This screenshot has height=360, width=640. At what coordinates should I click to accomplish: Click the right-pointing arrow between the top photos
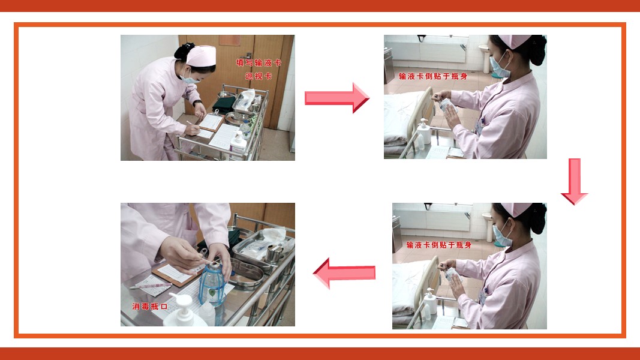coord(337,98)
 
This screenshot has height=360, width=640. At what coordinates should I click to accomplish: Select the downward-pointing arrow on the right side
coord(574,181)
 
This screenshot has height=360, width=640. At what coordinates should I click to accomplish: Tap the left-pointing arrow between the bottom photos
coord(344,273)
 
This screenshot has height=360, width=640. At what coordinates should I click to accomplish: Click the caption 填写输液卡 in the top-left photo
coord(259,63)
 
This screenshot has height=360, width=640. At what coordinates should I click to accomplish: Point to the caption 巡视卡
coord(259,76)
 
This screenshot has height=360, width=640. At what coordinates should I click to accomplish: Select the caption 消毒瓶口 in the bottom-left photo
coord(150,306)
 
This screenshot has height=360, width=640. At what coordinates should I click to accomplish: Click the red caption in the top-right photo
coord(433,76)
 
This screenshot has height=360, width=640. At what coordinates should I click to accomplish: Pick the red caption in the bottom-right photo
coord(439,245)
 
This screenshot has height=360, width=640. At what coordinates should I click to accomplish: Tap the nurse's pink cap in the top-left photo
coord(201,56)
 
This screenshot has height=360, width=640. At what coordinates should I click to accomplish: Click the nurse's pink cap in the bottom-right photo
coord(516,209)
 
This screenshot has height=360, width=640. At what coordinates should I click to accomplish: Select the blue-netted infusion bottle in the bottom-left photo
coord(212,284)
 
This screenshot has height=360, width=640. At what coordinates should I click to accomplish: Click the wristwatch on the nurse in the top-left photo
coord(197,103)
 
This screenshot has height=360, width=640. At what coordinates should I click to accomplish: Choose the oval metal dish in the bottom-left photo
coord(246,274)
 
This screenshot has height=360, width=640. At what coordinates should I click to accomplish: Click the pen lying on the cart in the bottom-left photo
coord(151,286)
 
